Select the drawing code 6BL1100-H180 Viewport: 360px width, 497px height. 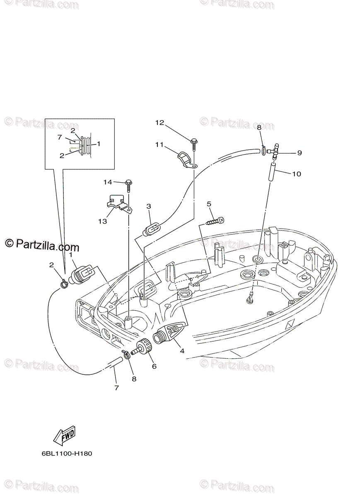pos(67,454)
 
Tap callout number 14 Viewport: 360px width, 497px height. pos(108,182)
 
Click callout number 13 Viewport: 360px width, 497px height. pos(102,221)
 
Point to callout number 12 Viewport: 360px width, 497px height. pos(160,122)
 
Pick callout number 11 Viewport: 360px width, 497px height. pos(160,145)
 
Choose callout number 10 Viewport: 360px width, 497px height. pos(296,174)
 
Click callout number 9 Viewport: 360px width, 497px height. pos(299,152)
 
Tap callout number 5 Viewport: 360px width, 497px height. pos(209,204)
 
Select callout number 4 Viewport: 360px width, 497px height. pos(182,351)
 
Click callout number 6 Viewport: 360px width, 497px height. pos(154,366)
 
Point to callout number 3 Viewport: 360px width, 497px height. pos(149,206)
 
